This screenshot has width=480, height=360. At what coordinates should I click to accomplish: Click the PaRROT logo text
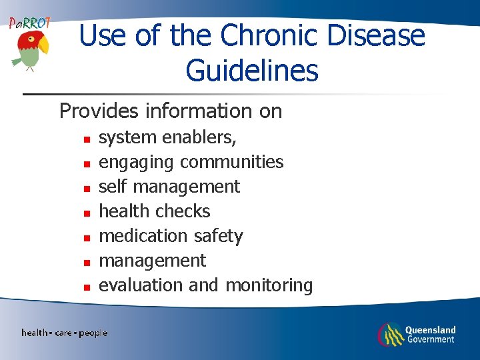pos(29,23)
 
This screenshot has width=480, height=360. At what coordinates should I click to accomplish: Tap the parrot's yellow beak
pos(43,46)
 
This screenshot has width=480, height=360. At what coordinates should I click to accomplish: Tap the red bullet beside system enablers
pos(86,140)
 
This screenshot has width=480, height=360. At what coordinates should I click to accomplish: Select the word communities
pos(231,162)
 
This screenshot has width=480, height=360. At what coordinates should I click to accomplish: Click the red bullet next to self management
pos(86,189)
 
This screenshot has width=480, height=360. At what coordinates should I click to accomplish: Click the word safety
pos(218,237)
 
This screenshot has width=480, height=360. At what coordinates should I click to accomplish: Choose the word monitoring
pos(269,285)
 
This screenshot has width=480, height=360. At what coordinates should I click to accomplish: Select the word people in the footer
pos(93,333)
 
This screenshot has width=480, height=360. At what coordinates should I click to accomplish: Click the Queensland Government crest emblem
pos(391,334)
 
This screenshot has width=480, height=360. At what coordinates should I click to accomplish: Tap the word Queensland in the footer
pos(431,329)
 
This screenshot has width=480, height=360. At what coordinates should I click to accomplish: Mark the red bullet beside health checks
pos(86,214)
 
